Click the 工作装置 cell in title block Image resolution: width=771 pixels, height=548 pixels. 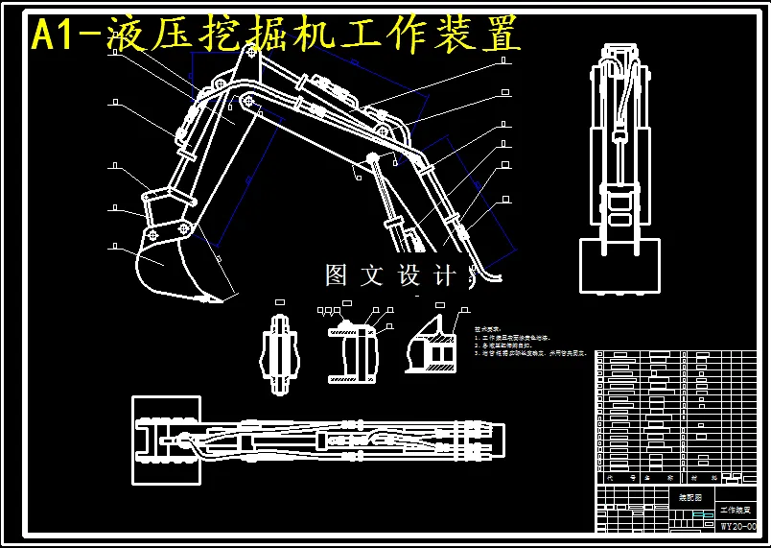click(x=737, y=510)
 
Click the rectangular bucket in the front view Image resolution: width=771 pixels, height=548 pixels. click(x=619, y=266)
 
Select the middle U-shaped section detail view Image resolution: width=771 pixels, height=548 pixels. click(x=352, y=353)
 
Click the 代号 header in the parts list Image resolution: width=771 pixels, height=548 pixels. click(x=614, y=477)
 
